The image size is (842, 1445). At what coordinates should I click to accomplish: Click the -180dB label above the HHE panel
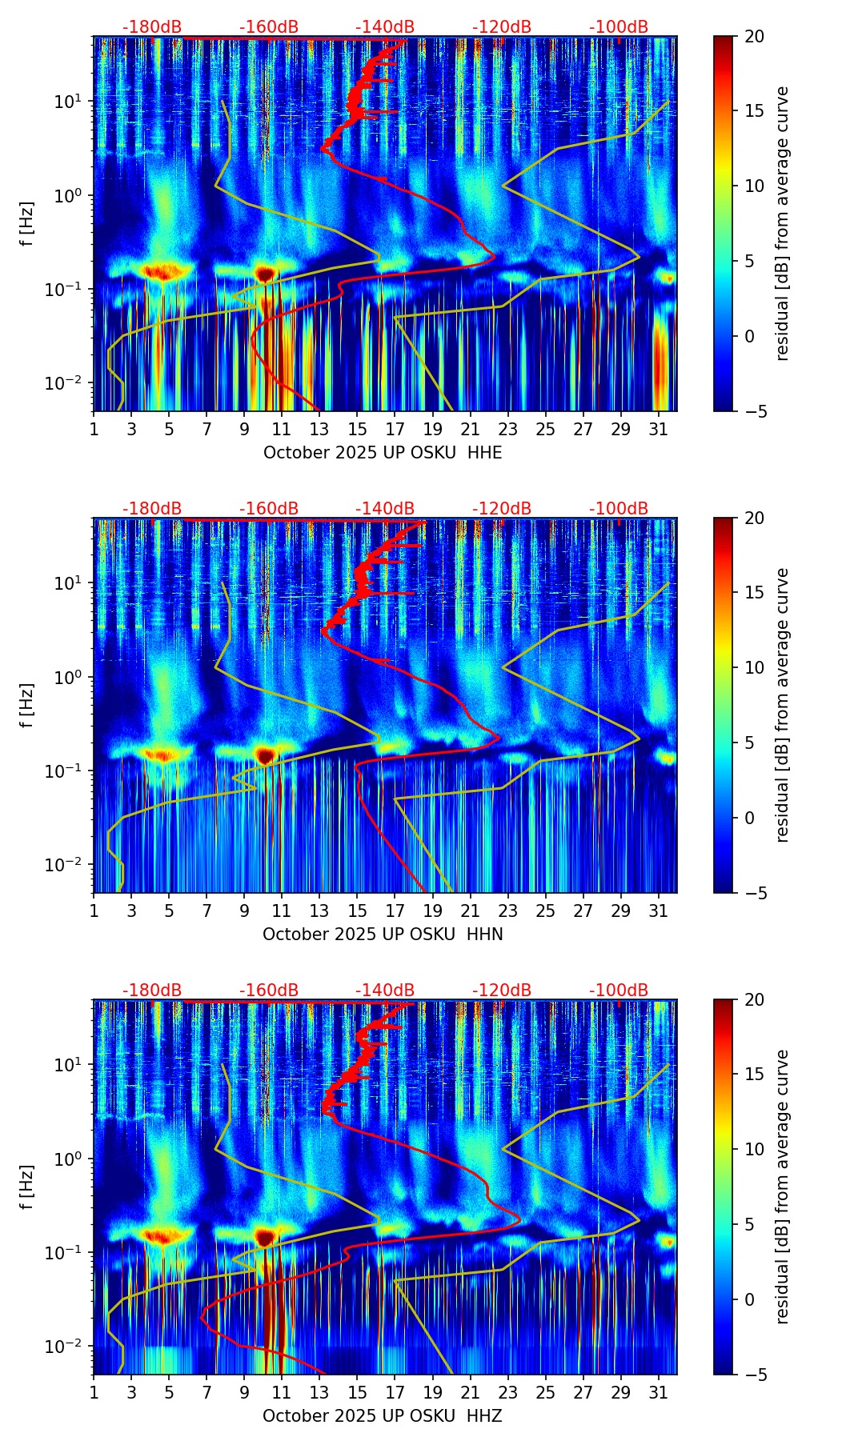click(x=152, y=27)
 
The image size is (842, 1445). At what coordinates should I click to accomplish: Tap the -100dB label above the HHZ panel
click(x=619, y=991)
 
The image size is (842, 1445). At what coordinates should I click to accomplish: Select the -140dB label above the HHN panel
click(x=385, y=509)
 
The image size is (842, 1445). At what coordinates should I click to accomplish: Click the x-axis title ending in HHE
click(x=383, y=453)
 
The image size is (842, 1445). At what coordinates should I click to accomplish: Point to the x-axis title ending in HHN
click(x=383, y=935)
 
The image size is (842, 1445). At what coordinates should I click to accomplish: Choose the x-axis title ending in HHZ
click(x=383, y=1416)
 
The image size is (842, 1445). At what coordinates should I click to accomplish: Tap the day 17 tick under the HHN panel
click(x=395, y=911)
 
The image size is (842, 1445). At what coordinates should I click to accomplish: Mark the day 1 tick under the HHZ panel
click(x=94, y=1393)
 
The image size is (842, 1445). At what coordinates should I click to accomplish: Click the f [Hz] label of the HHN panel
click(x=27, y=705)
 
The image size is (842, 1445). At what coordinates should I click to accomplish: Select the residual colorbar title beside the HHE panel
click(x=782, y=224)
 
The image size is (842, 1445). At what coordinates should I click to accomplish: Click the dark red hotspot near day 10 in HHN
click(x=266, y=755)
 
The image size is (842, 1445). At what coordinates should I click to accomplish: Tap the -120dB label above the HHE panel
click(x=502, y=27)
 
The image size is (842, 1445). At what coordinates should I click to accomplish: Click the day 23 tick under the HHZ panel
click(x=507, y=1393)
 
